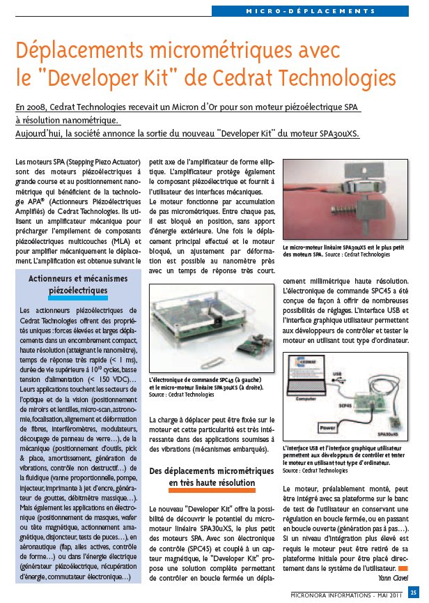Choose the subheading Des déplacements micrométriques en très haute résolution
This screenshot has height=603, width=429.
click(x=212, y=477)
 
